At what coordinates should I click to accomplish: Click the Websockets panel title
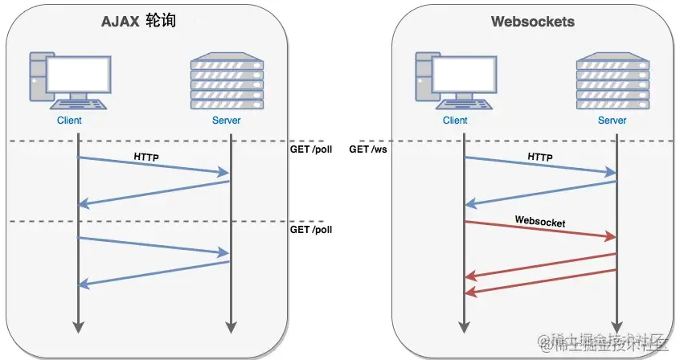point(533,22)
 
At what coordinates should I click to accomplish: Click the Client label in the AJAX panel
point(69,121)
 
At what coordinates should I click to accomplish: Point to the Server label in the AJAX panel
point(226,121)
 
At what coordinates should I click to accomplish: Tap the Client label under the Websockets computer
point(455,121)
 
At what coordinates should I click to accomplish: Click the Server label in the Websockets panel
point(612,121)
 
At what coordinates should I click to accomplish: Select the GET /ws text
point(368,149)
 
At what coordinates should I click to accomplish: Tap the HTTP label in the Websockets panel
point(540,157)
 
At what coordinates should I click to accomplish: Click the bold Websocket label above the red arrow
point(540,222)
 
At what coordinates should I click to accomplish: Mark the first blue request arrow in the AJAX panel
point(154,166)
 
